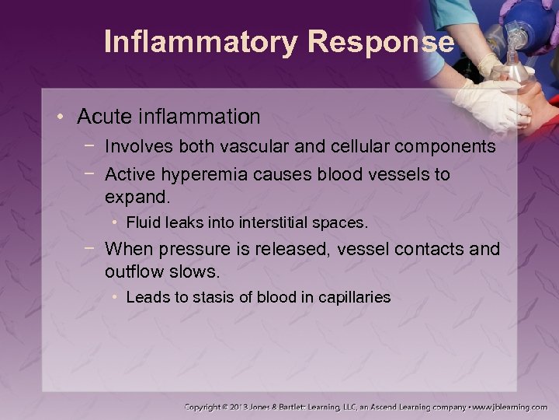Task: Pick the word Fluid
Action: tap(142, 223)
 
